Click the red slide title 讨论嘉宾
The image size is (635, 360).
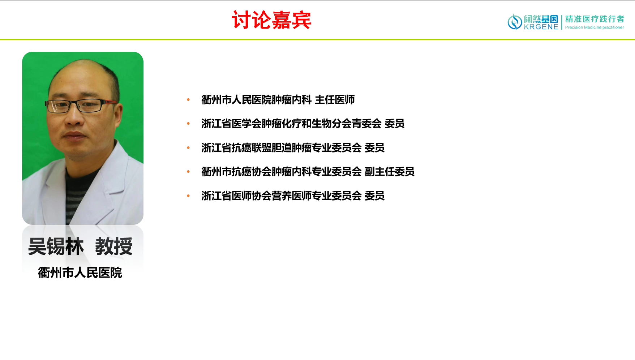coord(271,20)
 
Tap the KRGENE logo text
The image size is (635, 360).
coord(541,27)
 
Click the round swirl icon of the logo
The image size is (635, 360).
coord(515,22)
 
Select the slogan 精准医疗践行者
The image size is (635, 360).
coord(595,19)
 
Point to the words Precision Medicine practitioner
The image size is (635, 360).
coord(595,27)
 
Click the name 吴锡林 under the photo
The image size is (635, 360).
coord(56,247)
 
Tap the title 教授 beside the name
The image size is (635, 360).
coord(114,247)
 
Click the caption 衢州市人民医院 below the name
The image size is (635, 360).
coord(80,273)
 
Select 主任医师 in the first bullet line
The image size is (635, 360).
coord(335,100)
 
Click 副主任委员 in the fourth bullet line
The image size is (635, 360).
coord(390,172)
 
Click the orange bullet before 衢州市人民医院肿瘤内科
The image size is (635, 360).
coord(188,100)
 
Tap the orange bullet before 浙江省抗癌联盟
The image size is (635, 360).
coord(188,148)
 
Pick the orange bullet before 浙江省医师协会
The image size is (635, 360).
coord(188,196)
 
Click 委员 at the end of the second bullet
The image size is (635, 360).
coord(394,124)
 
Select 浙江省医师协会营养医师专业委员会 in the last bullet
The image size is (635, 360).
coord(282,196)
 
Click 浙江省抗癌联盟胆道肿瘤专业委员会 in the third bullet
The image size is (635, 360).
coord(282,148)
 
